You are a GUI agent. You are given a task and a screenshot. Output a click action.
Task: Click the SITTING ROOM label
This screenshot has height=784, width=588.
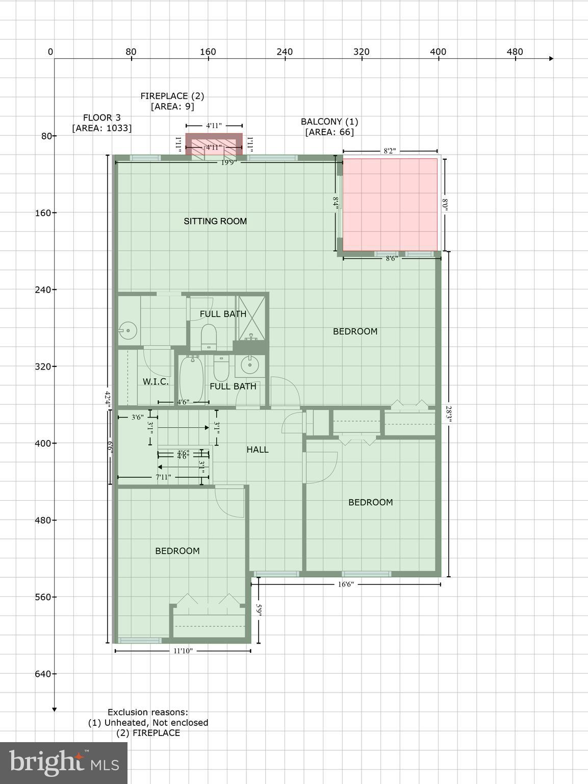click(x=215, y=221)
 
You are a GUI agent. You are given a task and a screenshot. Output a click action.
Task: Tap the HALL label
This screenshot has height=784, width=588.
click(x=258, y=450)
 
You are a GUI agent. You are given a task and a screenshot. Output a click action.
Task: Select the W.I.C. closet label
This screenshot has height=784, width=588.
click(x=156, y=382)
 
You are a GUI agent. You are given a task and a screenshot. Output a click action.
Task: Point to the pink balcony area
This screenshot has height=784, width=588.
click(x=390, y=205)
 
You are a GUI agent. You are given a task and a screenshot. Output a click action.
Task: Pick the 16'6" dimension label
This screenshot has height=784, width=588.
click(x=345, y=584)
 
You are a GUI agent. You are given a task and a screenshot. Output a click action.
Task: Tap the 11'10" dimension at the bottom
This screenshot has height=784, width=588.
click(x=183, y=651)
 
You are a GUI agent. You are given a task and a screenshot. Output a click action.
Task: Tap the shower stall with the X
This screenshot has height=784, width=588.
click(x=251, y=318)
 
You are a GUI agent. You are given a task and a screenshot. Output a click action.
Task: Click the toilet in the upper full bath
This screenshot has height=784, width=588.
click(x=209, y=337)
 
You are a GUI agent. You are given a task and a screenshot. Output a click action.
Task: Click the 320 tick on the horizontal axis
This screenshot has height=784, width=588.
click(x=362, y=52)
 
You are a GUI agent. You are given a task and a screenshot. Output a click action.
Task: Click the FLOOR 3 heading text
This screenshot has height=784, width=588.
click(x=102, y=118)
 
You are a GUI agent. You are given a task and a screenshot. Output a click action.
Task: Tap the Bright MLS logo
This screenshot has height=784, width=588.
click(x=64, y=763)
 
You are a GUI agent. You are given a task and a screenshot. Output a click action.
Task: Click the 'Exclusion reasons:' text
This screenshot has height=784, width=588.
click(x=148, y=712)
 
